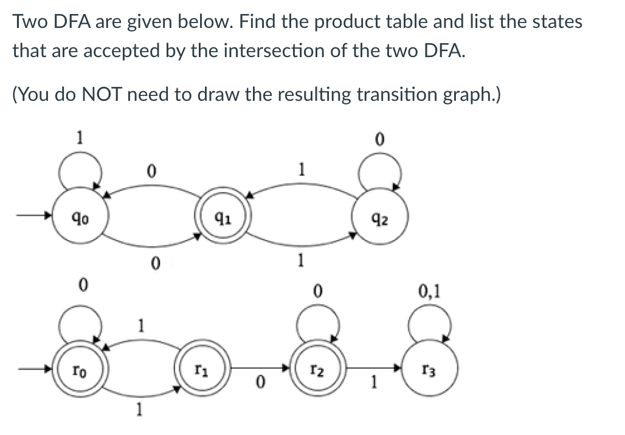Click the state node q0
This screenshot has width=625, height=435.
click(78, 216)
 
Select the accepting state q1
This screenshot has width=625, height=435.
click(222, 216)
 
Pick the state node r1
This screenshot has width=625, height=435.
click(200, 368)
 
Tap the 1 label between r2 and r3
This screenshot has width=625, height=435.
click(375, 383)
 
